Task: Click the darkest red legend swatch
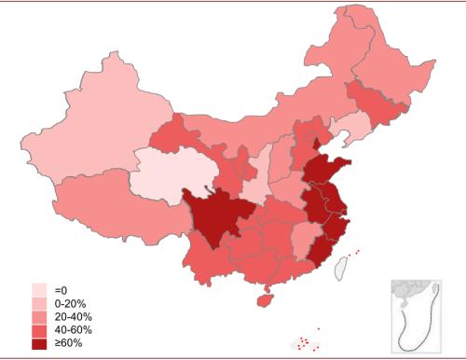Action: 39,344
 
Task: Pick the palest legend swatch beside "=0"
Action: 39,290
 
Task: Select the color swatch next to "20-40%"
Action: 39,317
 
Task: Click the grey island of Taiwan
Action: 341,267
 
